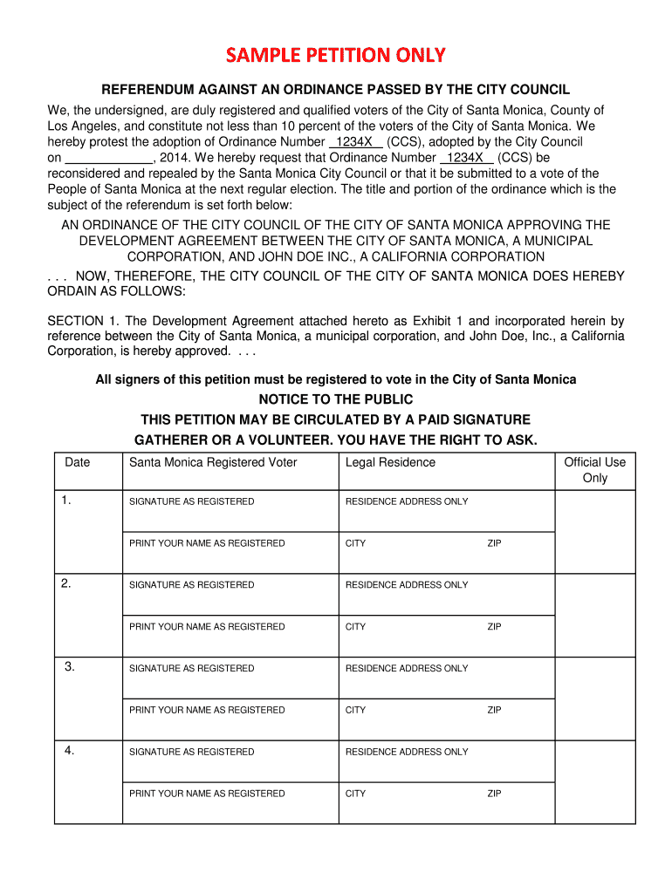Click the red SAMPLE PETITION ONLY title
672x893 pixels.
pos(336,56)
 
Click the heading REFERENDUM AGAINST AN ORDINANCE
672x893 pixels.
pos(336,90)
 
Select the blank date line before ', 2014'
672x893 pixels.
pos(109,158)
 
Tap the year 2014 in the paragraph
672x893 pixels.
pos(175,158)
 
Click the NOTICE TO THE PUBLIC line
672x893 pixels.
pos(336,399)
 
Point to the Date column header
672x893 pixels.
pos(78,462)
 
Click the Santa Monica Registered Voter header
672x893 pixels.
pos(213,462)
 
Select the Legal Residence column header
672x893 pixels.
pos(390,462)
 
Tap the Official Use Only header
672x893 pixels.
pos(594,470)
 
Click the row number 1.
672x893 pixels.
pos(66,500)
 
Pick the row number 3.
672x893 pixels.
pos(70,666)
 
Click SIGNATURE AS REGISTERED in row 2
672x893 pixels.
pos(192,585)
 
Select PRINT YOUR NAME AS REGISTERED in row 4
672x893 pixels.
pos(207,794)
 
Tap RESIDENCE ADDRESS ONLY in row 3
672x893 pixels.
pos(407,669)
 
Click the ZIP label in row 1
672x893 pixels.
pos(494,543)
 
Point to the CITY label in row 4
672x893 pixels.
pos(355,794)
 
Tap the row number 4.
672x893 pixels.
pos(70,750)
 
